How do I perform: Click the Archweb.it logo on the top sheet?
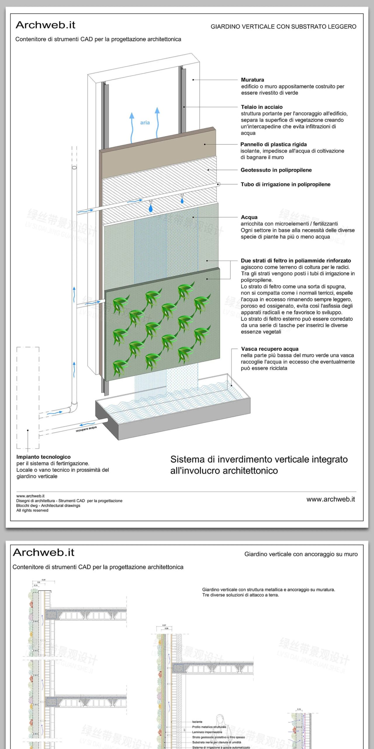pos(46,25)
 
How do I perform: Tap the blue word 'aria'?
pos(145,123)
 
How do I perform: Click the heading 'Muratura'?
pos(252,80)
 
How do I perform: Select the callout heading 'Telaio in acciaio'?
pos(262,107)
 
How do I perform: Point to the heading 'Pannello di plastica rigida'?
pos(273,144)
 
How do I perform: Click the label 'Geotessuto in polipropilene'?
pos(276,170)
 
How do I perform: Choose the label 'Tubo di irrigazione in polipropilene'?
pos(285,184)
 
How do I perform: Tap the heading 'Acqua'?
pos(249,217)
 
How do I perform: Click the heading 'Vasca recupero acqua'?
pos(270,349)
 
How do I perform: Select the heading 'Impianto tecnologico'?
pos(44,457)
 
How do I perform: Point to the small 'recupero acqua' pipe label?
pos(86,429)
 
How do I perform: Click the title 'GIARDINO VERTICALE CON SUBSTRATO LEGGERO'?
pos(283,27)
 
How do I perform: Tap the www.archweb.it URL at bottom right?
pos(330,499)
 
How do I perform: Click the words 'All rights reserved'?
pos(32,510)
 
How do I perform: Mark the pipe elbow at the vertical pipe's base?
pos(74,407)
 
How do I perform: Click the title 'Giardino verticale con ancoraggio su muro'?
pos(301,554)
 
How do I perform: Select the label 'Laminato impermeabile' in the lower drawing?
pos(207,732)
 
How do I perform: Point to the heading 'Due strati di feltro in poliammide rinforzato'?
pos(296,260)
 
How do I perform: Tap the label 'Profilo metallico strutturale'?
pos(209,727)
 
